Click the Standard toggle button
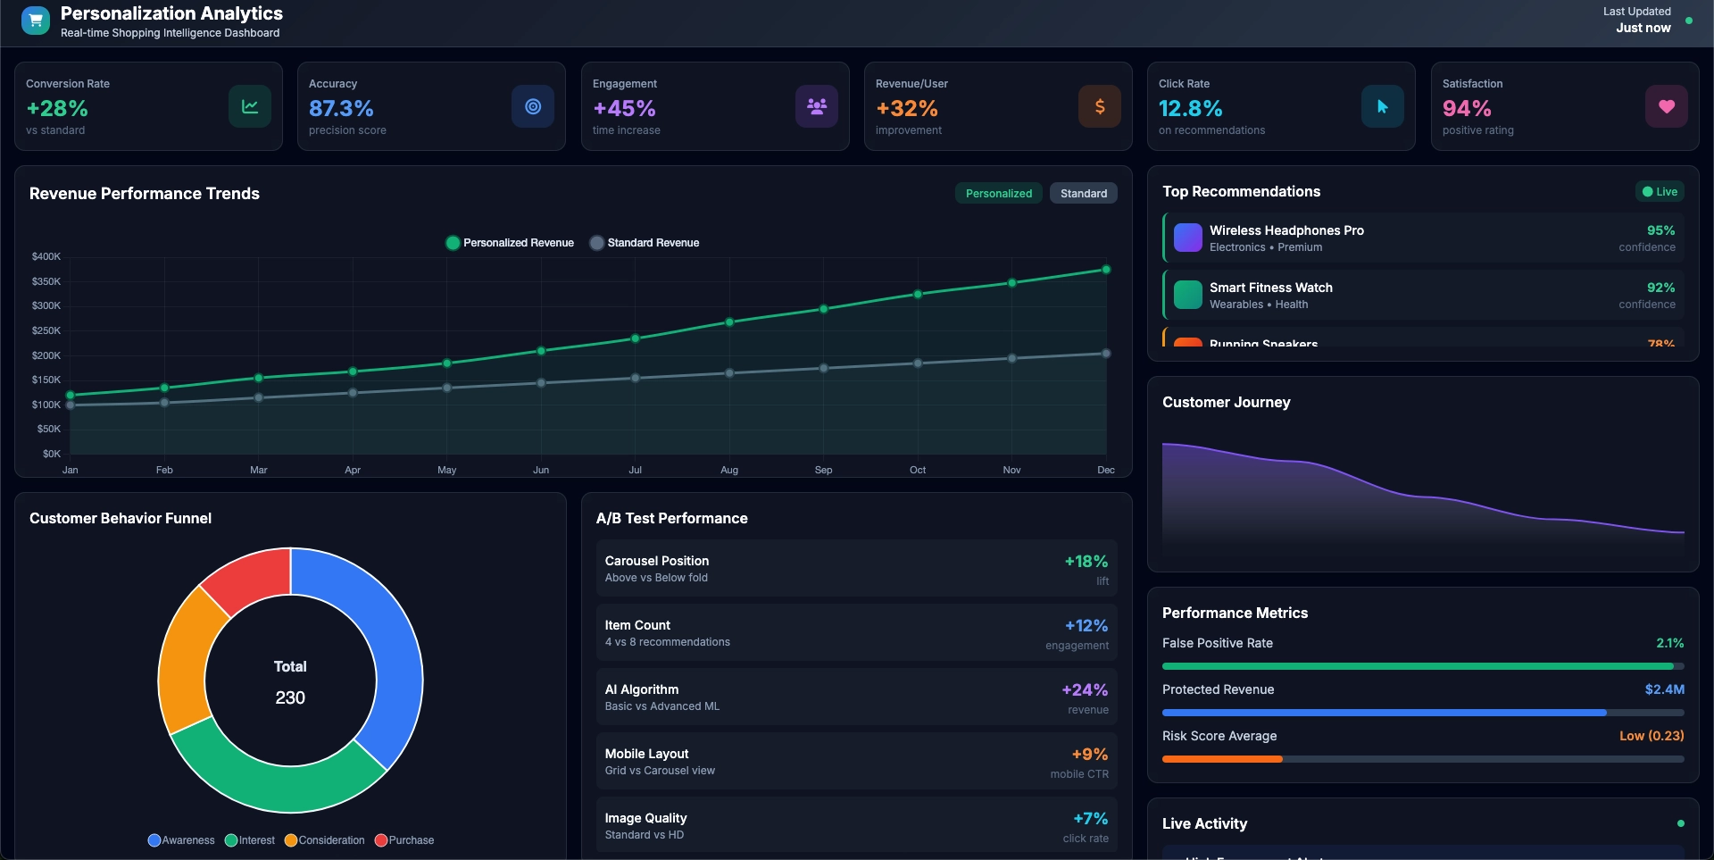click(x=1083, y=193)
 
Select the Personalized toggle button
click(x=998, y=193)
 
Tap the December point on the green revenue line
click(x=1106, y=270)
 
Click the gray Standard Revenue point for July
click(x=635, y=378)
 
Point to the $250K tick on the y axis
click(x=46, y=330)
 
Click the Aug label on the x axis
click(x=729, y=470)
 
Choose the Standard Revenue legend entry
click(x=645, y=243)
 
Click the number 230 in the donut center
click(x=290, y=697)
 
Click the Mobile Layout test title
click(x=646, y=754)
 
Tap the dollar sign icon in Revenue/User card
click(x=1099, y=106)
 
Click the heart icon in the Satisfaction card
click(x=1666, y=106)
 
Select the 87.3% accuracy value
click(x=341, y=108)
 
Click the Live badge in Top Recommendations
click(x=1660, y=191)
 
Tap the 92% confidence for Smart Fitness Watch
click(x=1660, y=288)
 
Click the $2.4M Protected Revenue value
click(x=1664, y=689)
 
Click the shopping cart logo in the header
click(x=36, y=20)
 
